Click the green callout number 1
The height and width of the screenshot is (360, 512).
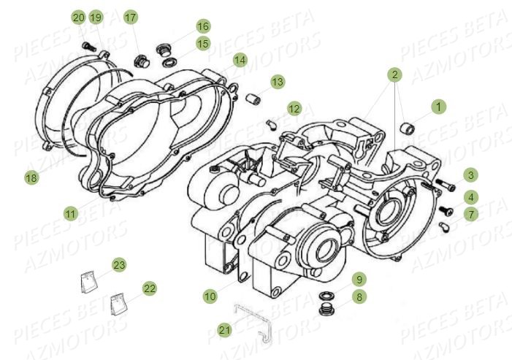click(x=438, y=107)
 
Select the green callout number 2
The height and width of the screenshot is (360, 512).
click(x=394, y=74)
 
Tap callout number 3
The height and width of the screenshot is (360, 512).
click(x=470, y=175)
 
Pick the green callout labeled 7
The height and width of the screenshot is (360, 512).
click(x=470, y=214)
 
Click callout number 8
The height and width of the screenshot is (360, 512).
click(x=359, y=297)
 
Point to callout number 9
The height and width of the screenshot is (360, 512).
click(x=359, y=279)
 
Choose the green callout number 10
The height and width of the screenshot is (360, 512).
click(x=210, y=296)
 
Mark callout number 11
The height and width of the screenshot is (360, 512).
click(x=70, y=214)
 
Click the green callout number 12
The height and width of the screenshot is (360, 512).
click(x=294, y=109)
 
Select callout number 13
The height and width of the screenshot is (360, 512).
click(x=277, y=83)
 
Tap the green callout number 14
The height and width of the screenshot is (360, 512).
click(x=240, y=59)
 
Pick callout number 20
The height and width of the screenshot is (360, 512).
click(x=78, y=17)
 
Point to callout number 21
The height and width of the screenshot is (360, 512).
click(x=225, y=330)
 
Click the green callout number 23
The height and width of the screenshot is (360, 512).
click(x=118, y=264)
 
